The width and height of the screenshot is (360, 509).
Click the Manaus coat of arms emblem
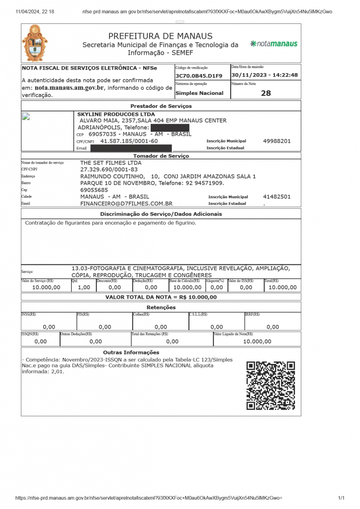click(x=36, y=44)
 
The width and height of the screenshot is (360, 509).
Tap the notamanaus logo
click(x=274, y=44)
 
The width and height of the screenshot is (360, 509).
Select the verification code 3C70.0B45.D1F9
click(x=199, y=76)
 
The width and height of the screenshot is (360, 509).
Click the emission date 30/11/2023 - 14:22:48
click(x=265, y=76)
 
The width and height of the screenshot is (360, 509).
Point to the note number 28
click(x=266, y=93)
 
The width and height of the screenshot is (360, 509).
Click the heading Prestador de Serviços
click(x=161, y=106)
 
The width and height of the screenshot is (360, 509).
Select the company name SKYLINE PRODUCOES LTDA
click(x=116, y=114)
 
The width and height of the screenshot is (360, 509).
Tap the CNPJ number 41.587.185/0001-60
click(x=129, y=141)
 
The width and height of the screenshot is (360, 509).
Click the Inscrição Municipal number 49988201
click(x=276, y=141)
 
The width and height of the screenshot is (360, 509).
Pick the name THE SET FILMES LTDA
click(x=111, y=163)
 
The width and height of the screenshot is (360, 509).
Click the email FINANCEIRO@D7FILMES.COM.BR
click(x=126, y=204)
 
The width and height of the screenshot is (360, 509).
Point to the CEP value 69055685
click(x=94, y=190)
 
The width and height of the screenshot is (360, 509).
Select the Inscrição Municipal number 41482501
click(x=276, y=197)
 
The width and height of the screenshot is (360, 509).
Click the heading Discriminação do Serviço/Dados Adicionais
click(x=161, y=214)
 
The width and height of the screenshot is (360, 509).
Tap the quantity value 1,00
click(x=84, y=287)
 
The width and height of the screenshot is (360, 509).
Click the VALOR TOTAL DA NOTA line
click(x=161, y=297)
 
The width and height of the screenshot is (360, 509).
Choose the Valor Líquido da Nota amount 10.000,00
click(x=257, y=341)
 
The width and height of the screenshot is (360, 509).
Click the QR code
click(x=271, y=385)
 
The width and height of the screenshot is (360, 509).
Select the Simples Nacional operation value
click(x=199, y=93)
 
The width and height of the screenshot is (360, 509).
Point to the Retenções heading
click(x=161, y=307)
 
